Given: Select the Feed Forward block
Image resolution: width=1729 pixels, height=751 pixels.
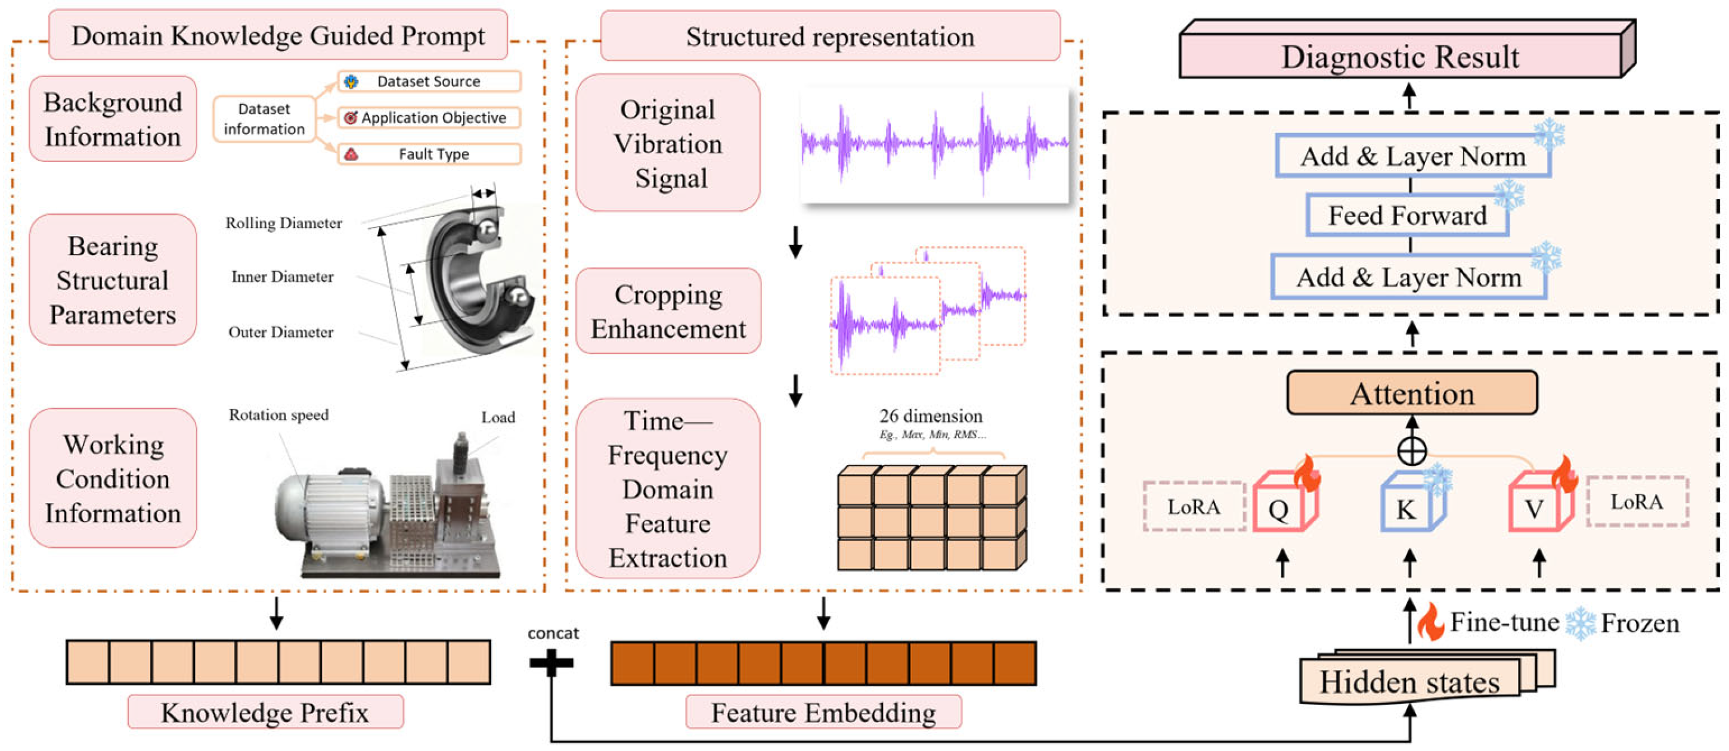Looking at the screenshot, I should (x=1408, y=215).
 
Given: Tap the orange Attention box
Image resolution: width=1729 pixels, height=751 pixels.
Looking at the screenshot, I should (x=1412, y=393).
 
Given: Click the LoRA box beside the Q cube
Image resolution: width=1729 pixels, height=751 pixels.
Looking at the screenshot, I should (x=1194, y=507).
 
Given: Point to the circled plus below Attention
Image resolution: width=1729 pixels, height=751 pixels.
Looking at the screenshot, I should (x=1412, y=451).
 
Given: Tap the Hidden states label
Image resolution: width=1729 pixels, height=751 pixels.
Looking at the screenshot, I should (x=1409, y=682).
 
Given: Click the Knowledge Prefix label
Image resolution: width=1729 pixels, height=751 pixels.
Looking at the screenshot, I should (x=265, y=712).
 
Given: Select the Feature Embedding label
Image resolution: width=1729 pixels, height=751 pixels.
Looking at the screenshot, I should (x=823, y=712).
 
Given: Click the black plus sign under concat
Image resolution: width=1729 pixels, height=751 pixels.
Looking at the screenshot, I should (x=551, y=663).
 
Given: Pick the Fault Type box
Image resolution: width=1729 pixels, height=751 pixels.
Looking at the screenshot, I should (x=429, y=154).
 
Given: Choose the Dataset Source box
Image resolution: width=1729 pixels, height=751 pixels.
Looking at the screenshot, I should (x=429, y=81).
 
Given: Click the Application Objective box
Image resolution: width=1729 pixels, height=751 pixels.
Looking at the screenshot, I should (x=429, y=117).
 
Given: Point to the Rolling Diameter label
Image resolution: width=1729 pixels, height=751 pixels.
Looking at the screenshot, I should (x=283, y=223).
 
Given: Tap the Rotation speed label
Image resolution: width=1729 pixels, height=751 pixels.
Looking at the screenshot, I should (x=278, y=415).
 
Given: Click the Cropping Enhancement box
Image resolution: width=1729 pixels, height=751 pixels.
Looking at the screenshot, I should (x=668, y=311).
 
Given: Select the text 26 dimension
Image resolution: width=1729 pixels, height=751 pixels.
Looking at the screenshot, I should (x=931, y=416).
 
